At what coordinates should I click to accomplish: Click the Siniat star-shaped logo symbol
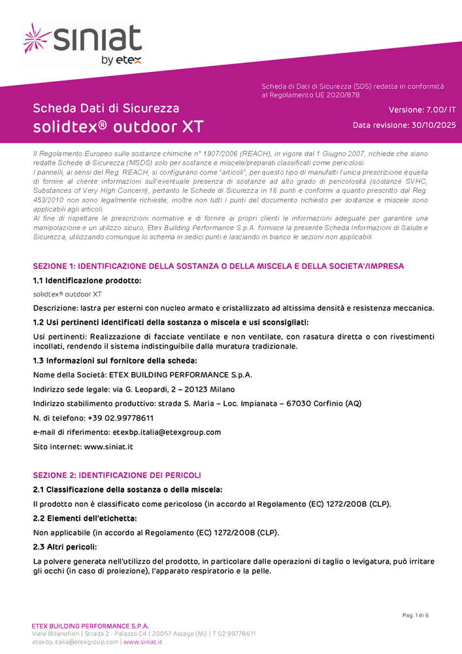click(37, 39)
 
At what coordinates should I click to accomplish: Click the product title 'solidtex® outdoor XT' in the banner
click(118, 126)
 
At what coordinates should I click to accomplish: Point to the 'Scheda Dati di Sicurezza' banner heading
click(106, 108)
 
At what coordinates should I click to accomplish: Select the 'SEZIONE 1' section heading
click(218, 266)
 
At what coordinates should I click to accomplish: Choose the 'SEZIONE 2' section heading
click(117, 475)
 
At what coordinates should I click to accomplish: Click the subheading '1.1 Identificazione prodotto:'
click(87, 280)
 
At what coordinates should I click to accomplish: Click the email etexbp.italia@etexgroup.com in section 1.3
click(167, 432)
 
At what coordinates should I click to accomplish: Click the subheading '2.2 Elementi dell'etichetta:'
click(85, 518)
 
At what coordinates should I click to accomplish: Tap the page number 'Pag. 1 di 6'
click(415, 615)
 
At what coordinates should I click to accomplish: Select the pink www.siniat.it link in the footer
click(143, 642)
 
